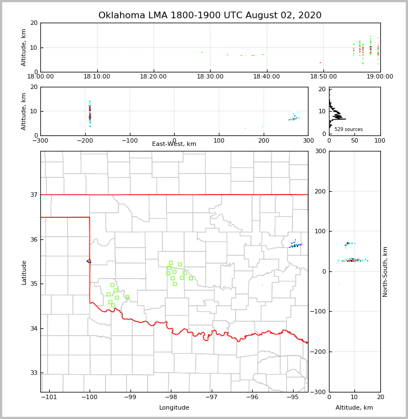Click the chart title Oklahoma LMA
coord(210,15)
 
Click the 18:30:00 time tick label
coord(211,77)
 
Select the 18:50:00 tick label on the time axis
coord(323,77)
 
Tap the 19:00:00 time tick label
coord(379,77)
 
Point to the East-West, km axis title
coord(174,144)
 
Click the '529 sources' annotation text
coord(348,129)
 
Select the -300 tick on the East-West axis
coord(40,140)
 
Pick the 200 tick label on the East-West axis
coord(264,140)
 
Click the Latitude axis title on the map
coord(24,272)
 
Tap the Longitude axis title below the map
coord(174,408)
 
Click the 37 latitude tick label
coord(33,195)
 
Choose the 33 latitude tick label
coord(33,373)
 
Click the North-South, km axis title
coord(385,272)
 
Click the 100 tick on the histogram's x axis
coord(380,140)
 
